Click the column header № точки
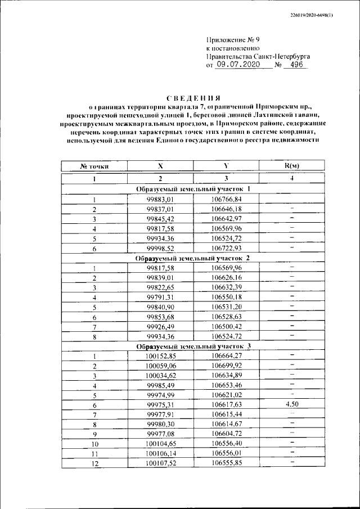click(94, 166)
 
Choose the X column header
click(160, 166)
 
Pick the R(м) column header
click(291, 165)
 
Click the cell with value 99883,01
click(160, 199)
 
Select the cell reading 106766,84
click(226, 199)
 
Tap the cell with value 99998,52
click(160, 248)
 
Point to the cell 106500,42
click(226, 326)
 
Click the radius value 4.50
click(291, 404)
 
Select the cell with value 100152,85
click(160, 355)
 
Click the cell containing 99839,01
click(160, 277)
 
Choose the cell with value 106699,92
click(226, 365)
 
